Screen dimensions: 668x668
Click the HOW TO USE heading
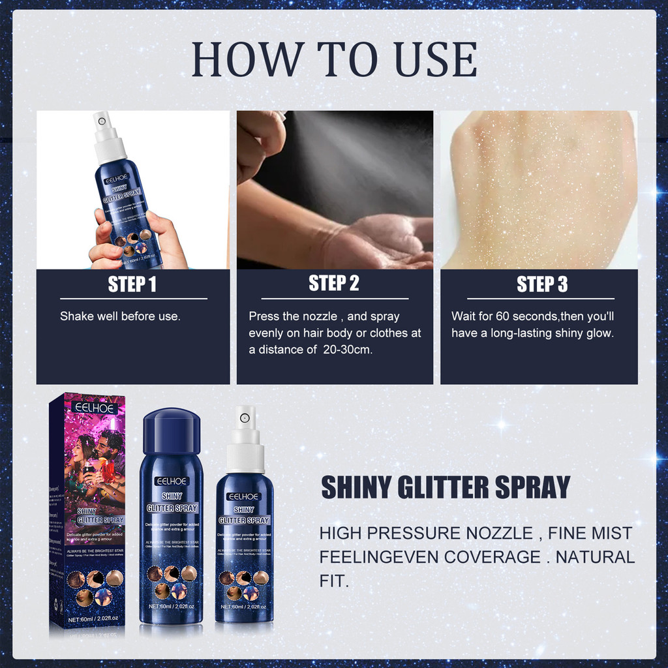[334, 60]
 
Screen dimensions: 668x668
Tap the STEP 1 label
[132, 284]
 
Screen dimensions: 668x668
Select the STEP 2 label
[334, 283]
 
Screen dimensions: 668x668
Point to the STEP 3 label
[541, 284]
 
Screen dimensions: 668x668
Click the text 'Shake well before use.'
[120, 316]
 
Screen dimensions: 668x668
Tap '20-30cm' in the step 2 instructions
[353, 350]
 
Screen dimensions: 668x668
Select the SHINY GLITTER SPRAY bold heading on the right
[446, 488]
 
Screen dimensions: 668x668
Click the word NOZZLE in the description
[497, 534]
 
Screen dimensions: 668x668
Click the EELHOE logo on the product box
[95, 408]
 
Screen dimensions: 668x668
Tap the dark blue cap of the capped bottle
[172, 431]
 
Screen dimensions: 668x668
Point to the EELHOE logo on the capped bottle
[171, 481]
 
